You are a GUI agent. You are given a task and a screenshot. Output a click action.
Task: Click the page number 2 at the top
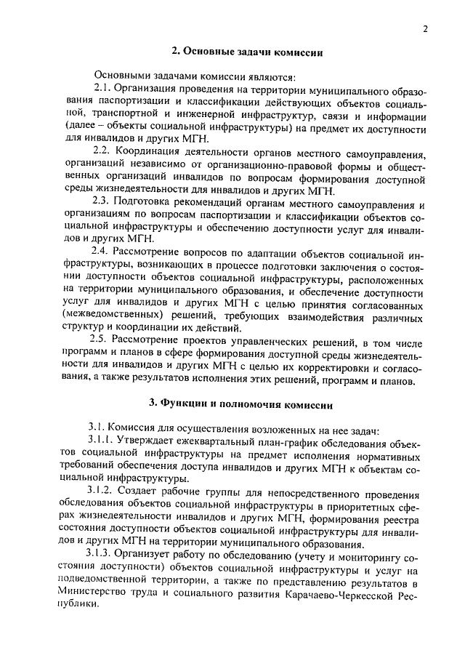coord(425,28)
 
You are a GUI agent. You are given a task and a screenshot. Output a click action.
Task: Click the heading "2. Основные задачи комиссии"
coord(247,52)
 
